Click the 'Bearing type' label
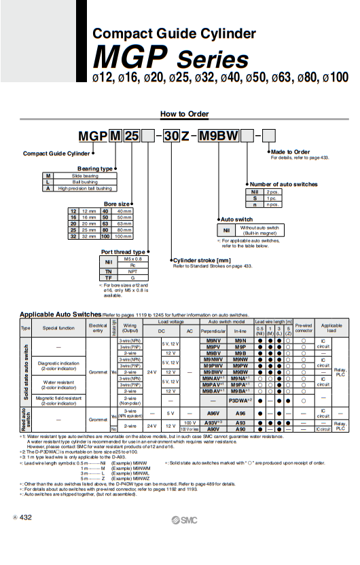point(94,168)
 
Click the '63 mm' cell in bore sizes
point(125,223)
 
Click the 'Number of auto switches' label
point(283,184)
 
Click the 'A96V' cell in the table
point(213,412)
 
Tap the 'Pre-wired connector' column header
point(303,327)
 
